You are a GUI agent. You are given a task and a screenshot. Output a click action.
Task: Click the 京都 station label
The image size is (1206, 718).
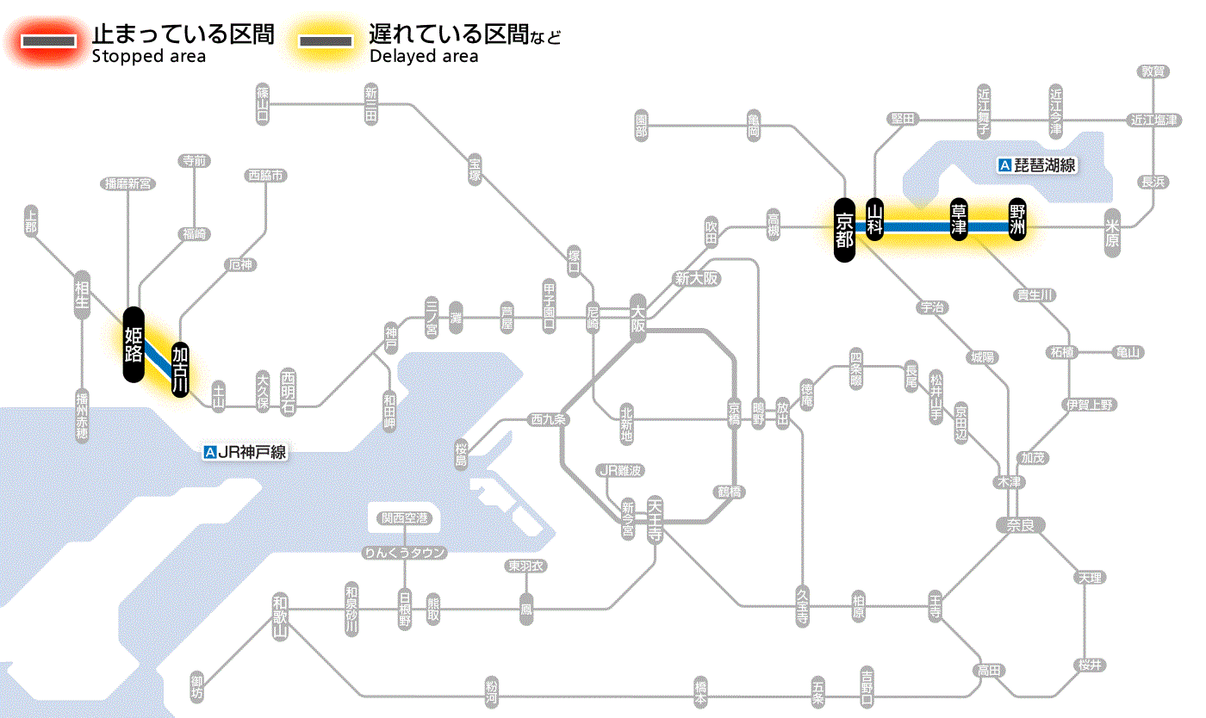click(x=844, y=228)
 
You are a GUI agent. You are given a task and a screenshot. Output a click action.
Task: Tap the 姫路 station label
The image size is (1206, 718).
click(x=134, y=344)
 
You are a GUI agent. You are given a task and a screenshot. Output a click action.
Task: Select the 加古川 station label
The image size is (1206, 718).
click(x=180, y=369)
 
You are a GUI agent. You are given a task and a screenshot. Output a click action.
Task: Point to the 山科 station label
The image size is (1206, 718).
click(x=875, y=220)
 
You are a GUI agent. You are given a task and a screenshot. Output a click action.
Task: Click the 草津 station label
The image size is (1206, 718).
click(x=959, y=220)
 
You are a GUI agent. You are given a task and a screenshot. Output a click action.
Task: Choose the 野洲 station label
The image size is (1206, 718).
click(x=1017, y=220)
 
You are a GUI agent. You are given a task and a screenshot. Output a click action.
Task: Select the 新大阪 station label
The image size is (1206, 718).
click(x=696, y=279)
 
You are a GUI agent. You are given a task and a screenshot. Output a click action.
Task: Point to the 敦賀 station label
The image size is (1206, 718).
click(x=1153, y=71)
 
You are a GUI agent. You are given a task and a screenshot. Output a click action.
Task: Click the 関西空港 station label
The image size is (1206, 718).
click(x=404, y=518)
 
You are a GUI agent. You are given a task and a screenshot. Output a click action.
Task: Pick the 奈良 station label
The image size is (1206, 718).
click(x=1019, y=524)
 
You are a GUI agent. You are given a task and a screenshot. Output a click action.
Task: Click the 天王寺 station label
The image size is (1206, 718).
click(x=655, y=517)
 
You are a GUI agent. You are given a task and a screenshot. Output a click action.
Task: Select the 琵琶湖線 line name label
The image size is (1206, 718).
click(x=1037, y=165)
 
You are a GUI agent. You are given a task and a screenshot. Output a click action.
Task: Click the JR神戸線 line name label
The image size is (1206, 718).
click(x=245, y=452)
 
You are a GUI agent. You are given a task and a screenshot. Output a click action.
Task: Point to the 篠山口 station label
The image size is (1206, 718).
click(x=263, y=102)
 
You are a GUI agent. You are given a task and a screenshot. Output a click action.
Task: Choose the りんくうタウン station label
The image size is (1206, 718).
click(x=404, y=553)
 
